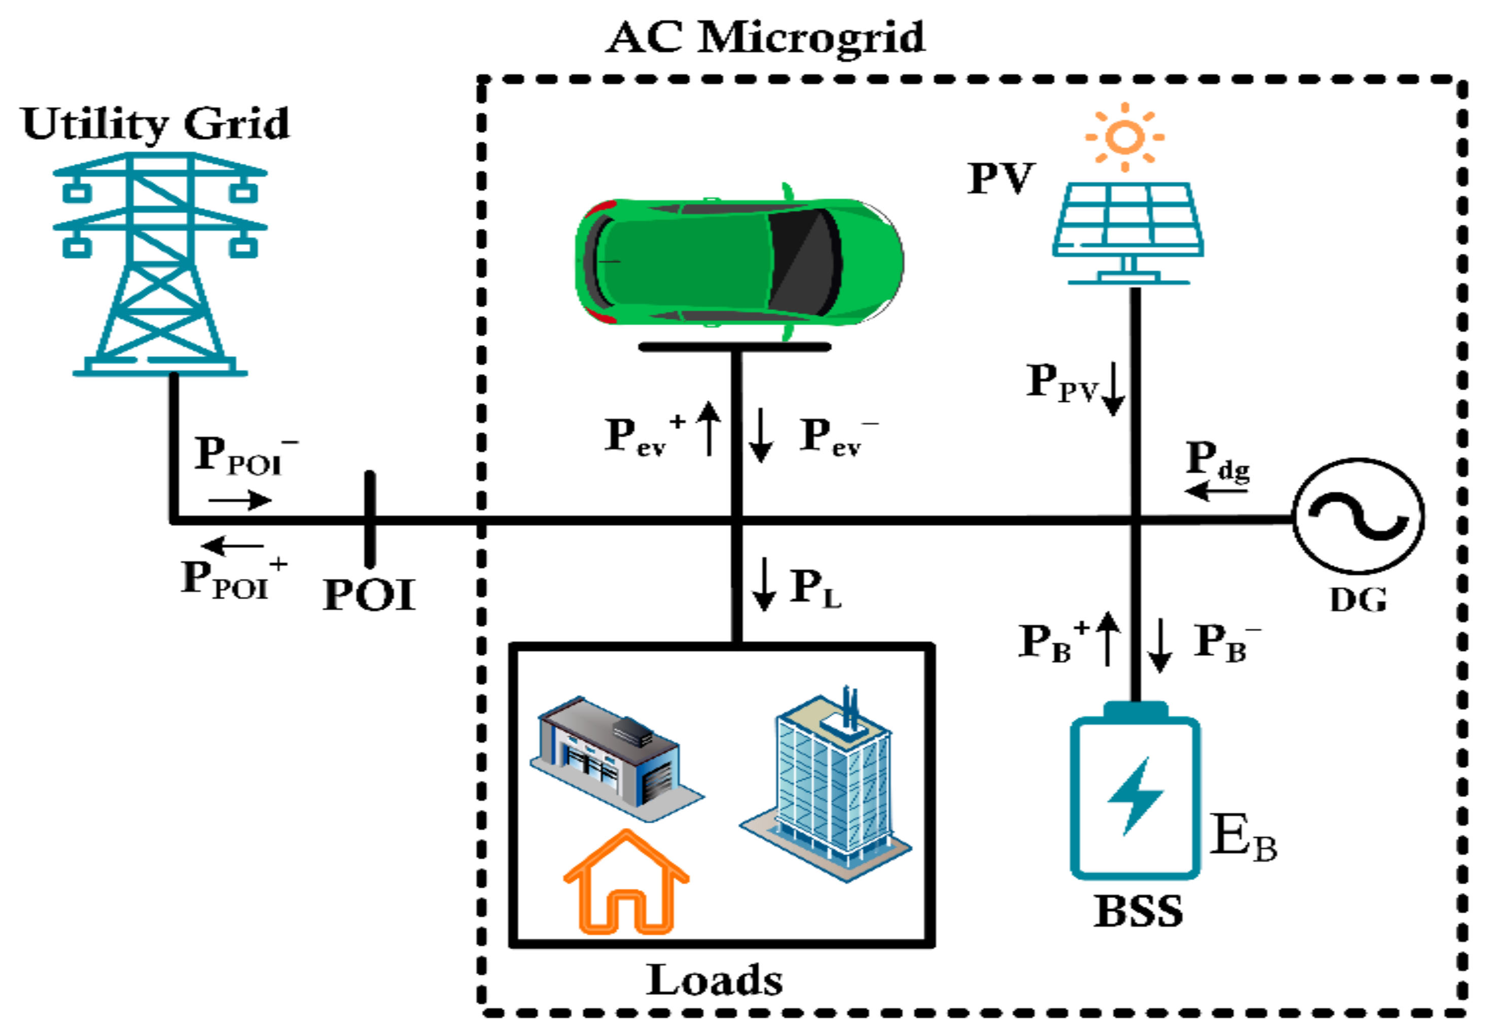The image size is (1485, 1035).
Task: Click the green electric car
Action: coord(738,261)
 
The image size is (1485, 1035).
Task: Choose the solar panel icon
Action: coord(1128,230)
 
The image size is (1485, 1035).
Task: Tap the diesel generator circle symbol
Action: coord(1358,516)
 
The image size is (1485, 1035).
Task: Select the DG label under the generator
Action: coord(1358,600)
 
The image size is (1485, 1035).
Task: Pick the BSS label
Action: coord(1138,911)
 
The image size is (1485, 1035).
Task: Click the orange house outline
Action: coord(625,885)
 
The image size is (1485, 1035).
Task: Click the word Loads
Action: coord(715,981)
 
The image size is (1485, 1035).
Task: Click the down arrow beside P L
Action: coord(764,583)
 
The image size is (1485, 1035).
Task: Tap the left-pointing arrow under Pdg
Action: coord(1216,491)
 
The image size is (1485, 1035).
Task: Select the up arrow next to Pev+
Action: coord(710,428)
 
